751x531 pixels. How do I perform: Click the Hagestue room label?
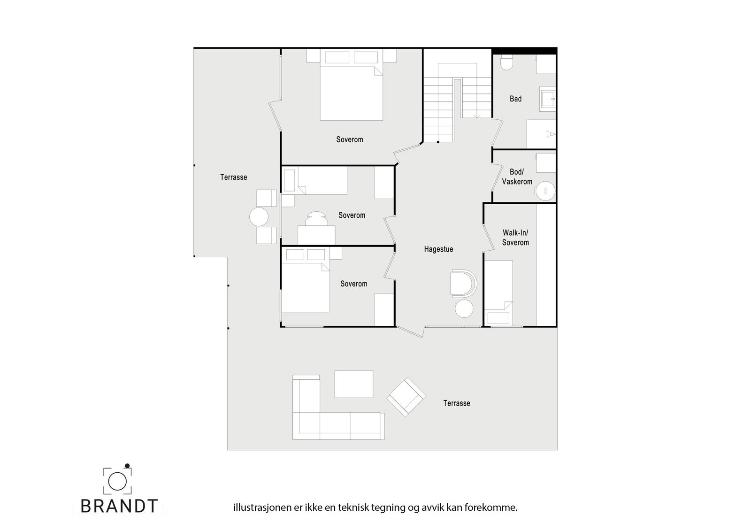pyautogui.click(x=438, y=249)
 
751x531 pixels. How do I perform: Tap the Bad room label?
pyautogui.click(x=515, y=99)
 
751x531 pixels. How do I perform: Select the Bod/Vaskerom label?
pyautogui.click(x=517, y=177)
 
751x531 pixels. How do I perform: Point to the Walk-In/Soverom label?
pyautogui.click(x=515, y=238)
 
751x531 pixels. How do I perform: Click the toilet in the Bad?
pyautogui.click(x=506, y=63)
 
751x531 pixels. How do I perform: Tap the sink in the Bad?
pyautogui.click(x=547, y=99)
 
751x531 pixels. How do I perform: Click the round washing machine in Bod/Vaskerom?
pyautogui.click(x=545, y=191)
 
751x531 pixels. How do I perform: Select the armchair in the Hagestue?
pyautogui.click(x=462, y=283)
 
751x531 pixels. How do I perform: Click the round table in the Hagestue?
pyautogui.click(x=464, y=308)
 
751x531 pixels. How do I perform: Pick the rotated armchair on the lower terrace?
pyautogui.click(x=406, y=397)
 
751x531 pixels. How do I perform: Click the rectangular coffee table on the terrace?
pyautogui.click(x=353, y=384)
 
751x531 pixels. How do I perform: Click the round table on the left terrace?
pyautogui.click(x=259, y=217)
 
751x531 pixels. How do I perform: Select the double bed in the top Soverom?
pyautogui.click(x=351, y=92)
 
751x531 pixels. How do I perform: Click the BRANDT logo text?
pyautogui.click(x=119, y=506)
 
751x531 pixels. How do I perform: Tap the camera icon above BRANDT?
pyautogui.click(x=117, y=480)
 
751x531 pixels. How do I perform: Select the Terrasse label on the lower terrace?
pyautogui.click(x=456, y=403)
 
